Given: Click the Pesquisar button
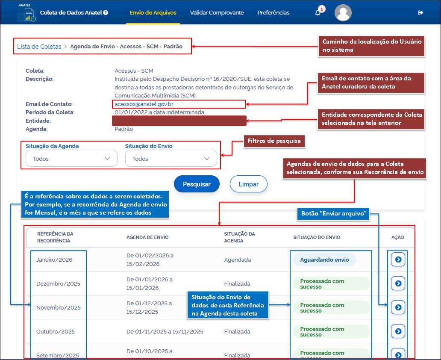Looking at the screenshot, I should click(x=197, y=184).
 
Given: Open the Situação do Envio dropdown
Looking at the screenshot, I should click(x=171, y=159).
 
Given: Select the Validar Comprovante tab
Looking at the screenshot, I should click(x=217, y=13).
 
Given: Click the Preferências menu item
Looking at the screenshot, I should click(x=273, y=13).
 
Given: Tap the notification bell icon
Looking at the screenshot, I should click(x=318, y=13).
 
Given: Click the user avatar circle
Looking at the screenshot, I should click(x=343, y=13).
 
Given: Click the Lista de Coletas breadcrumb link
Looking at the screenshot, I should click(x=39, y=47).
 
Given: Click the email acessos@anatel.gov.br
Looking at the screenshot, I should click(x=144, y=104).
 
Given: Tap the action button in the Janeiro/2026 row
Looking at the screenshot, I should click(x=398, y=260).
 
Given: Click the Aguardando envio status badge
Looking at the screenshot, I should click(x=324, y=260).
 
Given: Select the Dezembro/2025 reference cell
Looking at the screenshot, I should click(x=58, y=284).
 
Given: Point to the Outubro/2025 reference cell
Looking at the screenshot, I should click(x=56, y=332).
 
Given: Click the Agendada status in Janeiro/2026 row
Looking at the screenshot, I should click(x=237, y=260).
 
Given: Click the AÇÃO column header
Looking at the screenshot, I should click(x=397, y=237).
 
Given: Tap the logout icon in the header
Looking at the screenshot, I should click(x=420, y=13).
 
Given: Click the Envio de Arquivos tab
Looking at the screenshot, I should click(x=153, y=13).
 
